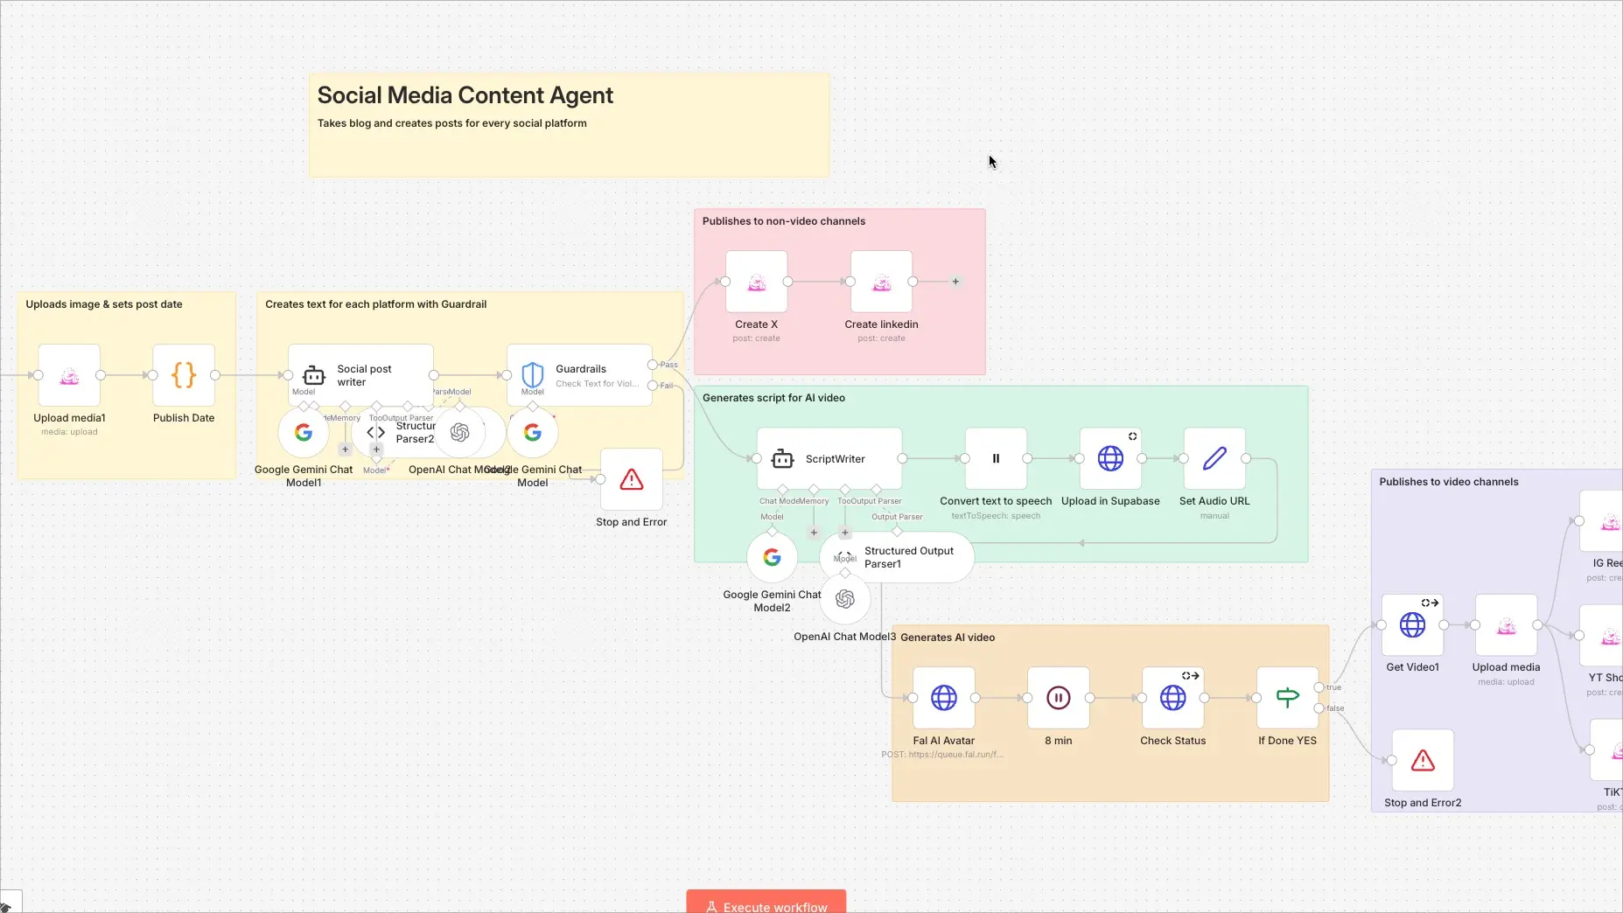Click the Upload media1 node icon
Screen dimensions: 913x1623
69,376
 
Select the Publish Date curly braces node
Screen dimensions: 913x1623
184,376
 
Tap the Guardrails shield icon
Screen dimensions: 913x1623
532,375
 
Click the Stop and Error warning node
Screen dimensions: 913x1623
631,479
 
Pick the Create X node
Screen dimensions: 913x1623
756,282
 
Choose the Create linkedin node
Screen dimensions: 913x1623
881,282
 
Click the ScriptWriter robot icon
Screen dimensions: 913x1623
782,458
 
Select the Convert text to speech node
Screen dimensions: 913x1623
996,458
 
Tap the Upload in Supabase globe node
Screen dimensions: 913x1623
1110,458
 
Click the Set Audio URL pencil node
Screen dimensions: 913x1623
1214,458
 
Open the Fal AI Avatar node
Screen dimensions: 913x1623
944,698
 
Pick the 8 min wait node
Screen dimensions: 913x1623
1059,698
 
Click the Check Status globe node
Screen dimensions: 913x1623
1173,698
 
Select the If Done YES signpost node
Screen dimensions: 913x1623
1287,698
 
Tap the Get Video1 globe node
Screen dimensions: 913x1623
1412,625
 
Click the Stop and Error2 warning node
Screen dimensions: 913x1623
1423,761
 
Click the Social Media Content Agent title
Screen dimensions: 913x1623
465,95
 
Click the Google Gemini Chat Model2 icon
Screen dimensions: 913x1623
772,557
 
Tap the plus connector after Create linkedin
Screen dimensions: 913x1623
955,282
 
